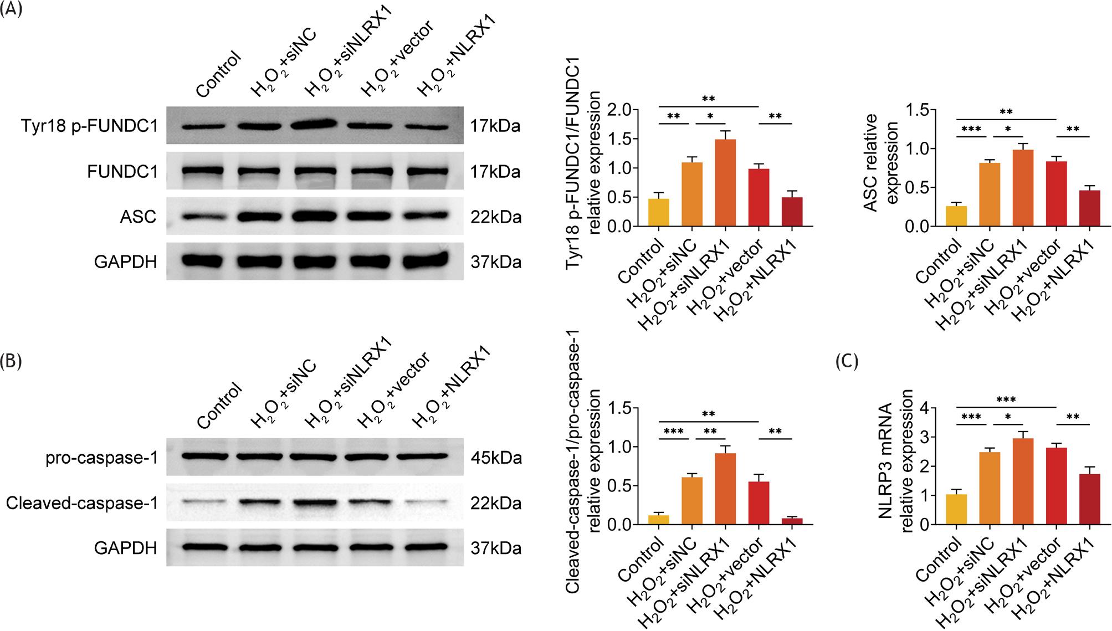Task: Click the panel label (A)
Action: [x=11, y=9]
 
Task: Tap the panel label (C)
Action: [x=847, y=361]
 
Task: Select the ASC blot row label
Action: [x=138, y=217]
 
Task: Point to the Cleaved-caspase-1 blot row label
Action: [x=82, y=504]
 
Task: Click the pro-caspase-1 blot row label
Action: [x=101, y=459]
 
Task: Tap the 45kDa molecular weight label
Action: [x=496, y=459]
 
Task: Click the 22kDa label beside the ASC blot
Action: [x=496, y=217]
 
